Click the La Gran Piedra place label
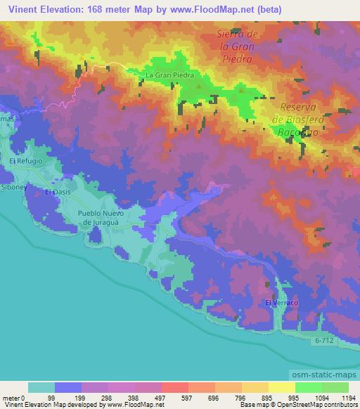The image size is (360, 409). click(x=168, y=74)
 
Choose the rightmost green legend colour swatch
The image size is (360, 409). click(x=335, y=387)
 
